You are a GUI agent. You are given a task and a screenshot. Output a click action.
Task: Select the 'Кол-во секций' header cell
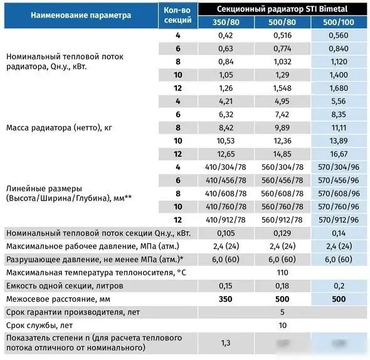[177, 15]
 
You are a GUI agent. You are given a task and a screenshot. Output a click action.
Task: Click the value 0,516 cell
[283, 36]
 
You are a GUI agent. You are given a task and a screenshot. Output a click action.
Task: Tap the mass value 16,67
[338, 154]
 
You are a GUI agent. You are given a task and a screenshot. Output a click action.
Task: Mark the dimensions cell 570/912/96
[338, 220]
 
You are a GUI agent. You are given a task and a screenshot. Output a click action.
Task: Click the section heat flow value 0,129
[283, 233]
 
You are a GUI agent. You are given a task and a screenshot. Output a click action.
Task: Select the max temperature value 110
[283, 273]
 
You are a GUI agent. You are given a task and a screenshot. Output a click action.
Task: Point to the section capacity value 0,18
[283, 286]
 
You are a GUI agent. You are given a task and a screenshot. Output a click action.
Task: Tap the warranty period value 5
[283, 312]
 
